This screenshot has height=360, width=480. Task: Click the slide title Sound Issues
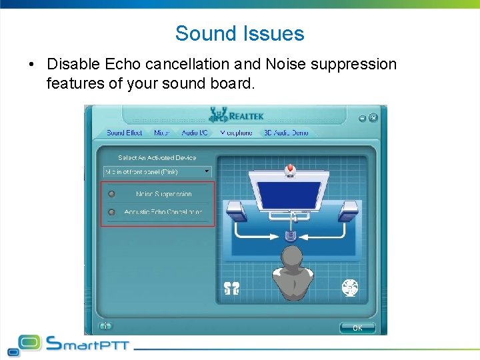tap(239, 33)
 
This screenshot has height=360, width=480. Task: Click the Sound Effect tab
tap(125, 133)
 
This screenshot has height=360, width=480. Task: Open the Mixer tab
tap(162, 133)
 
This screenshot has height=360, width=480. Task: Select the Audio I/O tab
tap(195, 133)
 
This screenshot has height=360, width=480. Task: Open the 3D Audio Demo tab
tap(286, 133)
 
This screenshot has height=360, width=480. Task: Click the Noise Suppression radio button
tap(111, 194)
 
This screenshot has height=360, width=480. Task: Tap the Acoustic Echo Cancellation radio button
tap(111, 213)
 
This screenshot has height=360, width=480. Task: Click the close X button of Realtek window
tap(373, 118)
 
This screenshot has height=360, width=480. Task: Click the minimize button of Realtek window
tap(363, 118)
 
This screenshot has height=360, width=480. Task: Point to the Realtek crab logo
tap(218, 115)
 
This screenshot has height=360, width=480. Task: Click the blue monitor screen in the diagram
tap(289, 194)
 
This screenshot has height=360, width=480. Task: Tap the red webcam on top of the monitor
tap(289, 169)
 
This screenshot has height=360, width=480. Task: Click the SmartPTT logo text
tap(87, 345)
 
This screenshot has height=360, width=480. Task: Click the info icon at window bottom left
tap(105, 326)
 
